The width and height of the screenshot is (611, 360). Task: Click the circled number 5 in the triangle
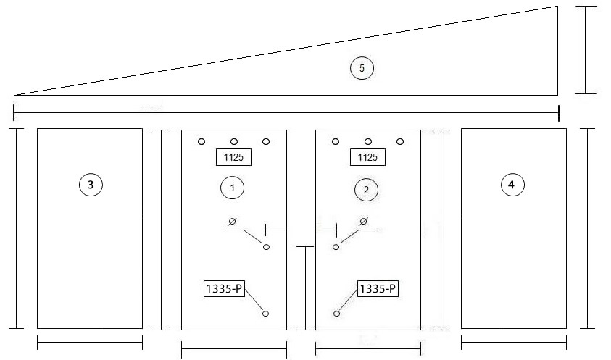coord(362,68)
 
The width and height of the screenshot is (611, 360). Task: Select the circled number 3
coord(91,185)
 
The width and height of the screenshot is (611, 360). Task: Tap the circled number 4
coord(512,185)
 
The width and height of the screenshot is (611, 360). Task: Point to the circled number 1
coord(232,188)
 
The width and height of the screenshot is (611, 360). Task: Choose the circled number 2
coord(366,190)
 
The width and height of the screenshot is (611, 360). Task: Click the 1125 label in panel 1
coord(233,157)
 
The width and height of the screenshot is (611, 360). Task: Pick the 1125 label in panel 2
coord(367,157)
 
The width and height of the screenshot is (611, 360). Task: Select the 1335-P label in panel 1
coord(224,289)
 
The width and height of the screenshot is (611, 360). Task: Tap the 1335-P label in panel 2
coord(378,289)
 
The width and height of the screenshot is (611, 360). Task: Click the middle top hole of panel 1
coord(234,141)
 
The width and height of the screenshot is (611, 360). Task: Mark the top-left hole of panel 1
coord(201,141)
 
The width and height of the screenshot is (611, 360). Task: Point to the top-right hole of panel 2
coord(400,141)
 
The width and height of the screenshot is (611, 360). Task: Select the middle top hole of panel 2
coord(368,141)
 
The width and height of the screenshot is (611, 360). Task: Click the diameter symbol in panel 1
coord(232,222)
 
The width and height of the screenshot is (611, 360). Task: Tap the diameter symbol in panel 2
coord(364,222)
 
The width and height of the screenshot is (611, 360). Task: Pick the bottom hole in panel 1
coord(266,314)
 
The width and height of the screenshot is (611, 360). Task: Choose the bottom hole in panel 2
coord(337,314)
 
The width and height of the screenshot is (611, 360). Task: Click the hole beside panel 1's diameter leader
coord(267,246)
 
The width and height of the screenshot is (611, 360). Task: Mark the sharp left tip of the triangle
coord(14,95)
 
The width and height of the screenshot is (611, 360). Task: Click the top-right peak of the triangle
coord(557,7)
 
